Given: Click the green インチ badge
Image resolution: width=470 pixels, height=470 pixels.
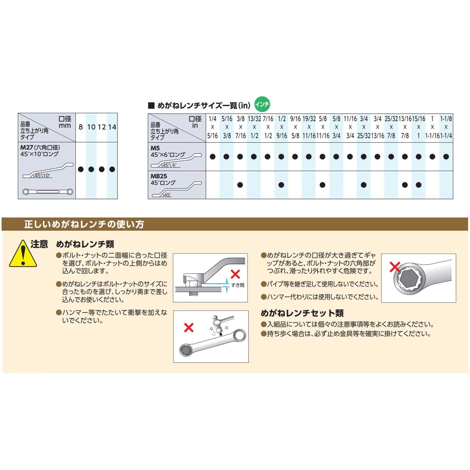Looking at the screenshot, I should pyautogui.click(x=262, y=104).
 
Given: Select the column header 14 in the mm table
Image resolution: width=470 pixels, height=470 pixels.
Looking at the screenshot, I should pyautogui.click(x=112, y=127).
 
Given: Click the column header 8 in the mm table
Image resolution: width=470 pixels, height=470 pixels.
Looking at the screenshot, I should pyautogui.click(x=81, y=127).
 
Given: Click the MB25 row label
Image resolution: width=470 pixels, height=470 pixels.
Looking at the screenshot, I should pyautogui.click(x=159, y=176).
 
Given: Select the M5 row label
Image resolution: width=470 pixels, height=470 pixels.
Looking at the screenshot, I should pyautogui.click(x=155, y=148).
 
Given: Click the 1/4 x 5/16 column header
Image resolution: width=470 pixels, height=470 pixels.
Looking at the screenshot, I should pyautogui.click(x=212, y=127).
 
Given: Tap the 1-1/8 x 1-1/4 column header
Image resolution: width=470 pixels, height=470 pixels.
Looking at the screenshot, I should pyautogui.click(x=446, y=127).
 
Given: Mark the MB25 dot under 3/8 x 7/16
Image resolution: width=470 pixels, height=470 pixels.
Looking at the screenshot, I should pyautogui.click(x=240, y=185).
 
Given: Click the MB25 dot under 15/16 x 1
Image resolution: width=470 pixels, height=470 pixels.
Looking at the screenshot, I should pyautogui.click(x=419, y=185).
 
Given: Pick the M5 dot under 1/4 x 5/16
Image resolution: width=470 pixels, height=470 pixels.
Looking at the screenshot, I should pyautogui.click(x=212, y=157).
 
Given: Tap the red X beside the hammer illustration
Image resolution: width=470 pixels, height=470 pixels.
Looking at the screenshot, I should pyautogui.click(x=189, y=328).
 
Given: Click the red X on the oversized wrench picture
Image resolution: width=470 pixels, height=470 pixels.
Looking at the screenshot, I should pyautogui.click(x=395, y=267).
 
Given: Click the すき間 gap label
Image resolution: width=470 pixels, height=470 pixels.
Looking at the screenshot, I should pyautogui.click(x=238, y=285).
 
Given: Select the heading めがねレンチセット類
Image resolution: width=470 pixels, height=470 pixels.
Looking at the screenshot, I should pyautogui.click(x=302, y=313).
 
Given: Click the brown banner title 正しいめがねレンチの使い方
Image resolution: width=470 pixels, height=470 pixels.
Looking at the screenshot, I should pyautogui.click(x=84, y=224).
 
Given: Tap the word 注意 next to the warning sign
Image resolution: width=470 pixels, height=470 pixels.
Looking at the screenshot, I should pyautogui.click(x=39, y=244).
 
